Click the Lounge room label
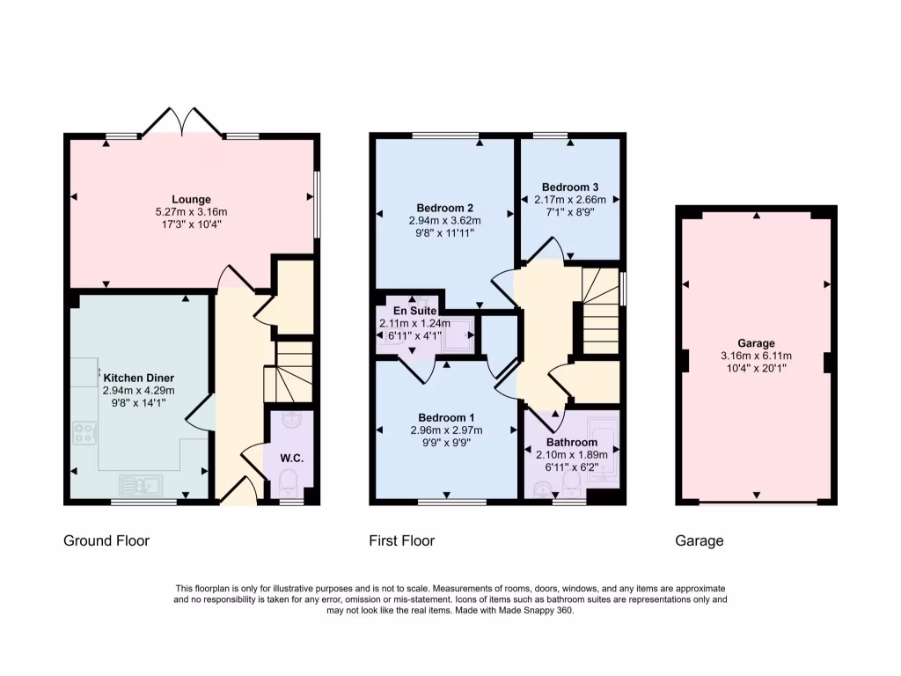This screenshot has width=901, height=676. tap(191, 200)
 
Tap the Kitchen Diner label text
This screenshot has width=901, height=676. tap(139, 378)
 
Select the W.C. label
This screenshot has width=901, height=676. tap(291, 458)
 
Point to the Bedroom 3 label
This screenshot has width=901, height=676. tap(570, 187)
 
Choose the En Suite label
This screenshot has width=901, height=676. tap(414, 311)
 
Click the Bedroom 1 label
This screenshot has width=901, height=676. tap(446, 417)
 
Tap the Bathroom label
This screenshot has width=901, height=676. tap(571, 442)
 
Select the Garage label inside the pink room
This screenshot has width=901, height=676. tap(756, 343)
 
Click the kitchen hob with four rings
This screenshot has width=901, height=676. tap(85, 432)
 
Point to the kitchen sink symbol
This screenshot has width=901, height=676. tap(140, 483)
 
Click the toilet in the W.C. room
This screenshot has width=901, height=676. tap(288, 481)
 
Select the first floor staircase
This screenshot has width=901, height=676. tap(601, 308)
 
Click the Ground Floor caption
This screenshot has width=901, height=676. tap(106, 540)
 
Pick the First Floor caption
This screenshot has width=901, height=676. tap(401, 540)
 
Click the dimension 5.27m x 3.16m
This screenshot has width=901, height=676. tap(191, 212)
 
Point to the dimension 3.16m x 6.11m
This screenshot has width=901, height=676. tap(756, 356)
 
